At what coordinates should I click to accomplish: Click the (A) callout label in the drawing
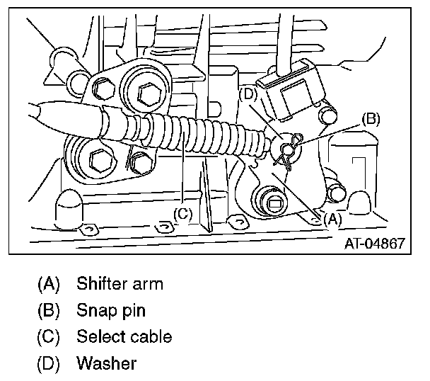[331, 219]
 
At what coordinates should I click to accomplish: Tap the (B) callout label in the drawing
[371, 118]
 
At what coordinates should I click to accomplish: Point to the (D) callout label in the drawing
[248, 92]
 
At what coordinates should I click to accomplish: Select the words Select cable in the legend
[124, 336]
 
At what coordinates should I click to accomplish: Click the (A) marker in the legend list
[48, 285]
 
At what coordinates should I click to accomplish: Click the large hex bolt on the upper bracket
[151, 93]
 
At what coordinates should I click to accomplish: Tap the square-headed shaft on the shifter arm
[276, 200]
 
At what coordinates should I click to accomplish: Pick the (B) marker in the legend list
[48, 310]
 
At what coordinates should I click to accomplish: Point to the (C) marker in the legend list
[48, 336]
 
